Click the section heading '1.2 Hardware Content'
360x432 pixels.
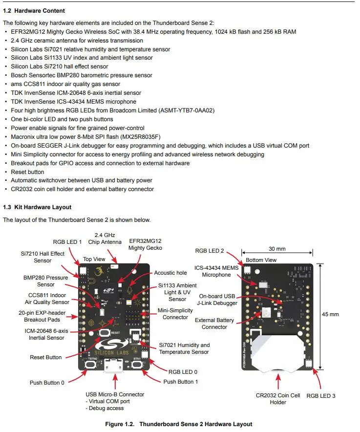coord(34,10)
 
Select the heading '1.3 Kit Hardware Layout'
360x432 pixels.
coord(37,207)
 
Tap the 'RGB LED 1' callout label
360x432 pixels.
coord(67,242)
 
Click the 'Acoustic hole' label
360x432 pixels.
coord(171,273)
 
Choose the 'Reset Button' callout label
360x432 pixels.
coord(46,357)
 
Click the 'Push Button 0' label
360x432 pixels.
coord(47,383)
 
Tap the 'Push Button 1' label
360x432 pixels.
coord(181,382)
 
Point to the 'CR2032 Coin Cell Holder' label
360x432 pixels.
coord(278,399)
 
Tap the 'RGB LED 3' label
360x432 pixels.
coord(320,395)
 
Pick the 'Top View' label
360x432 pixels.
coord(94,259)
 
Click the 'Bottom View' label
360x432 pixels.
coord(261,260)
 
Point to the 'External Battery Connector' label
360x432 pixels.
coord(214,323)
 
